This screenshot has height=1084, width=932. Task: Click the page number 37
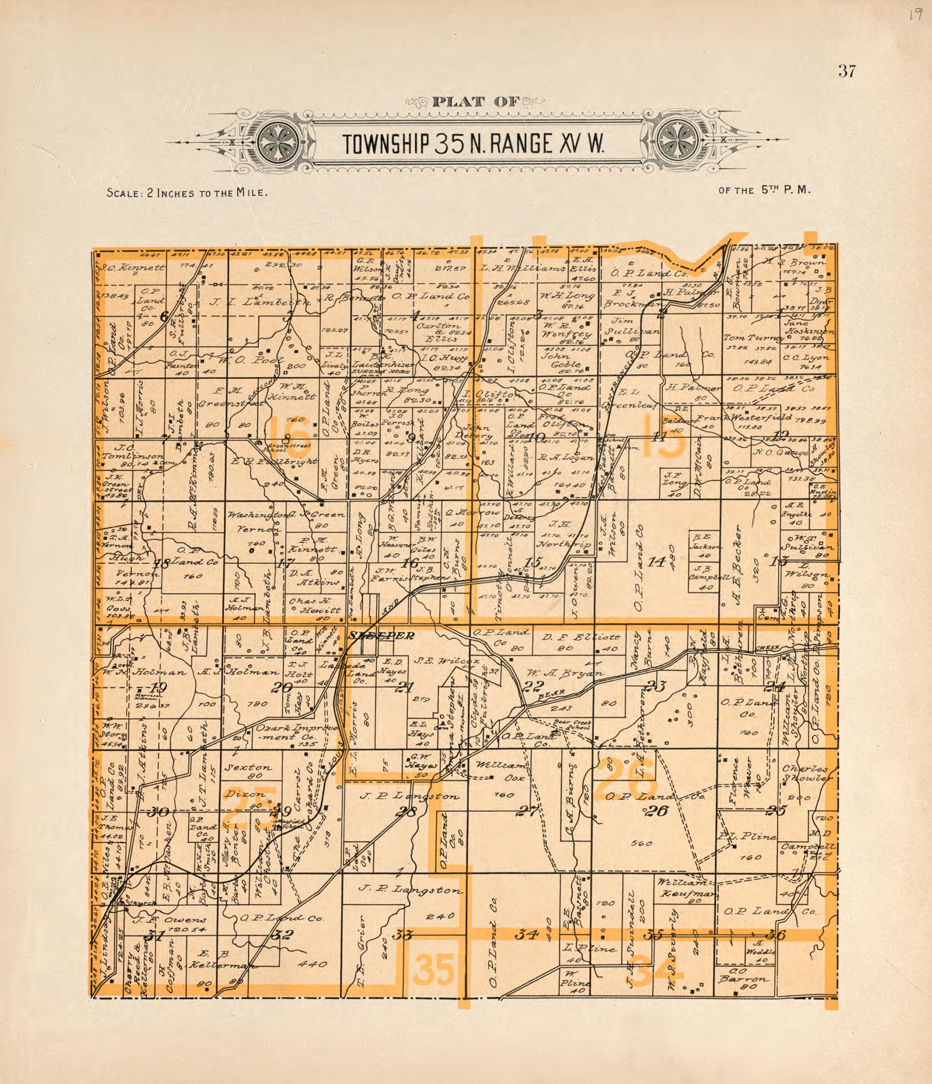click(x=846, y=71)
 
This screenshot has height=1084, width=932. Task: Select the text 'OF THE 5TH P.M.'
click(x=764, y=191)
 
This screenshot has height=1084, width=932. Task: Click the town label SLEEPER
click(x=381, y=636)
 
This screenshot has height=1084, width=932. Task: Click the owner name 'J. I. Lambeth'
click(x=252, y=302)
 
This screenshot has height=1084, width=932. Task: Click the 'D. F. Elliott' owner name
click(x=581, y=637)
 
